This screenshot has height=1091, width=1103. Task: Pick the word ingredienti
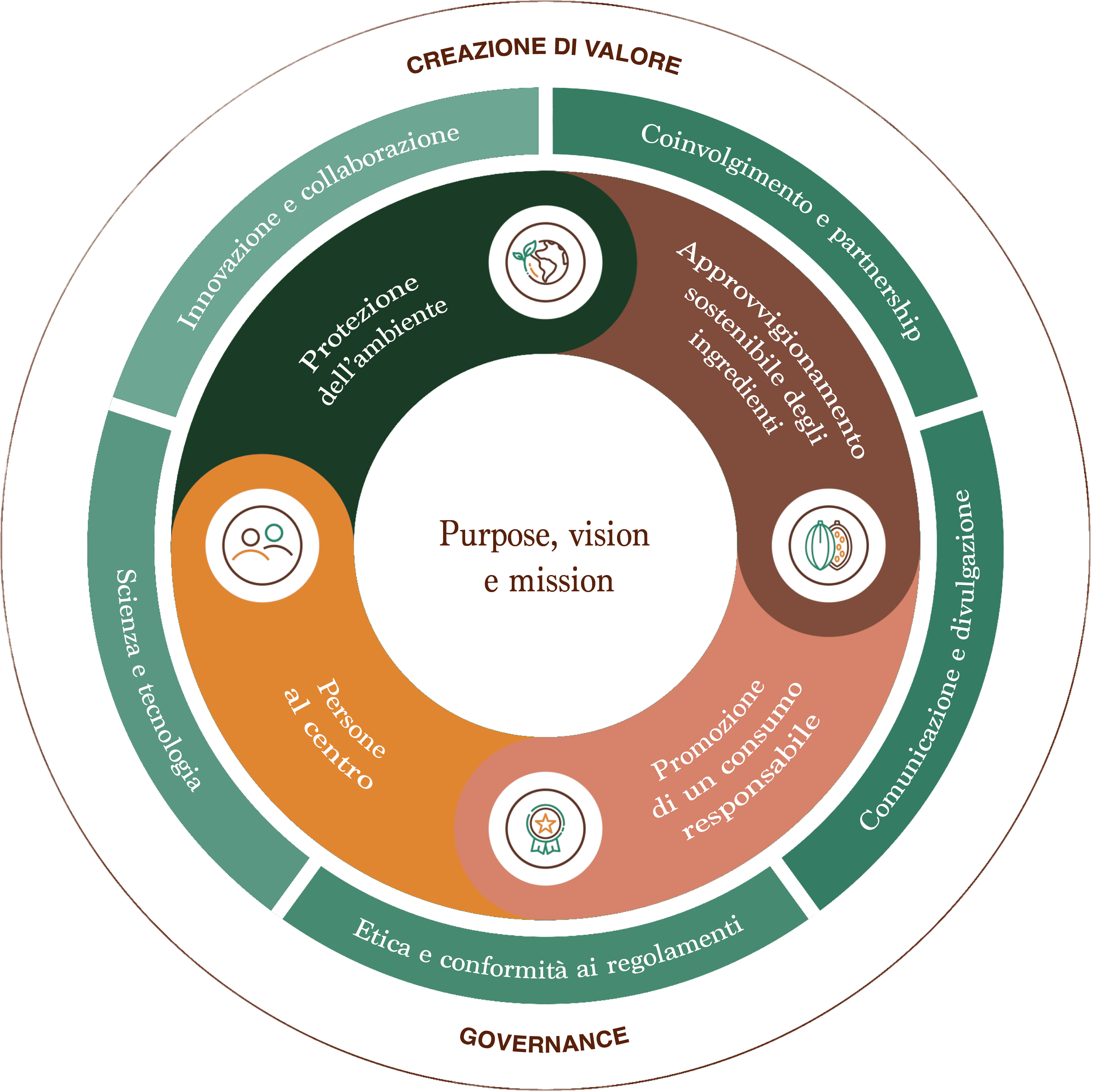[734, 383]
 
